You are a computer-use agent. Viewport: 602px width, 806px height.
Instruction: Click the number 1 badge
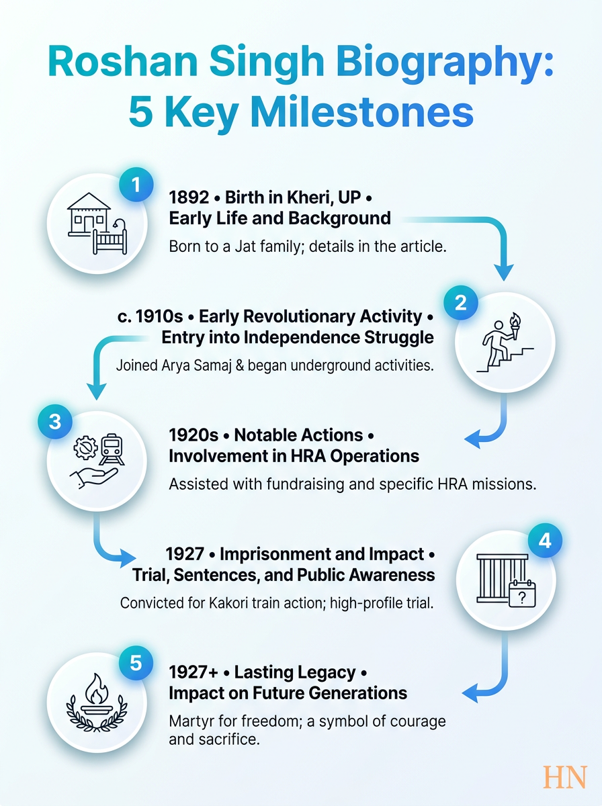point(136,185)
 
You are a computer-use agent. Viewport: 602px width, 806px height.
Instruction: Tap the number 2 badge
point(461,303)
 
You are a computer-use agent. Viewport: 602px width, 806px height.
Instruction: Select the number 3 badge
point(55,422)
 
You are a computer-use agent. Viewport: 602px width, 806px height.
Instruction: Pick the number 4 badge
point(545,541)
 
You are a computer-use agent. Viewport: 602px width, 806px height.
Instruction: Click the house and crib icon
point(97,223)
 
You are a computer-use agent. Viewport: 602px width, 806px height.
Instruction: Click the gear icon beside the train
point(85,447)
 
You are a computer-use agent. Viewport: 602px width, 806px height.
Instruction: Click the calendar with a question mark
point(522,593)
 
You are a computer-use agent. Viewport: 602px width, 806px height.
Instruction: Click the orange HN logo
point(565,776)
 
